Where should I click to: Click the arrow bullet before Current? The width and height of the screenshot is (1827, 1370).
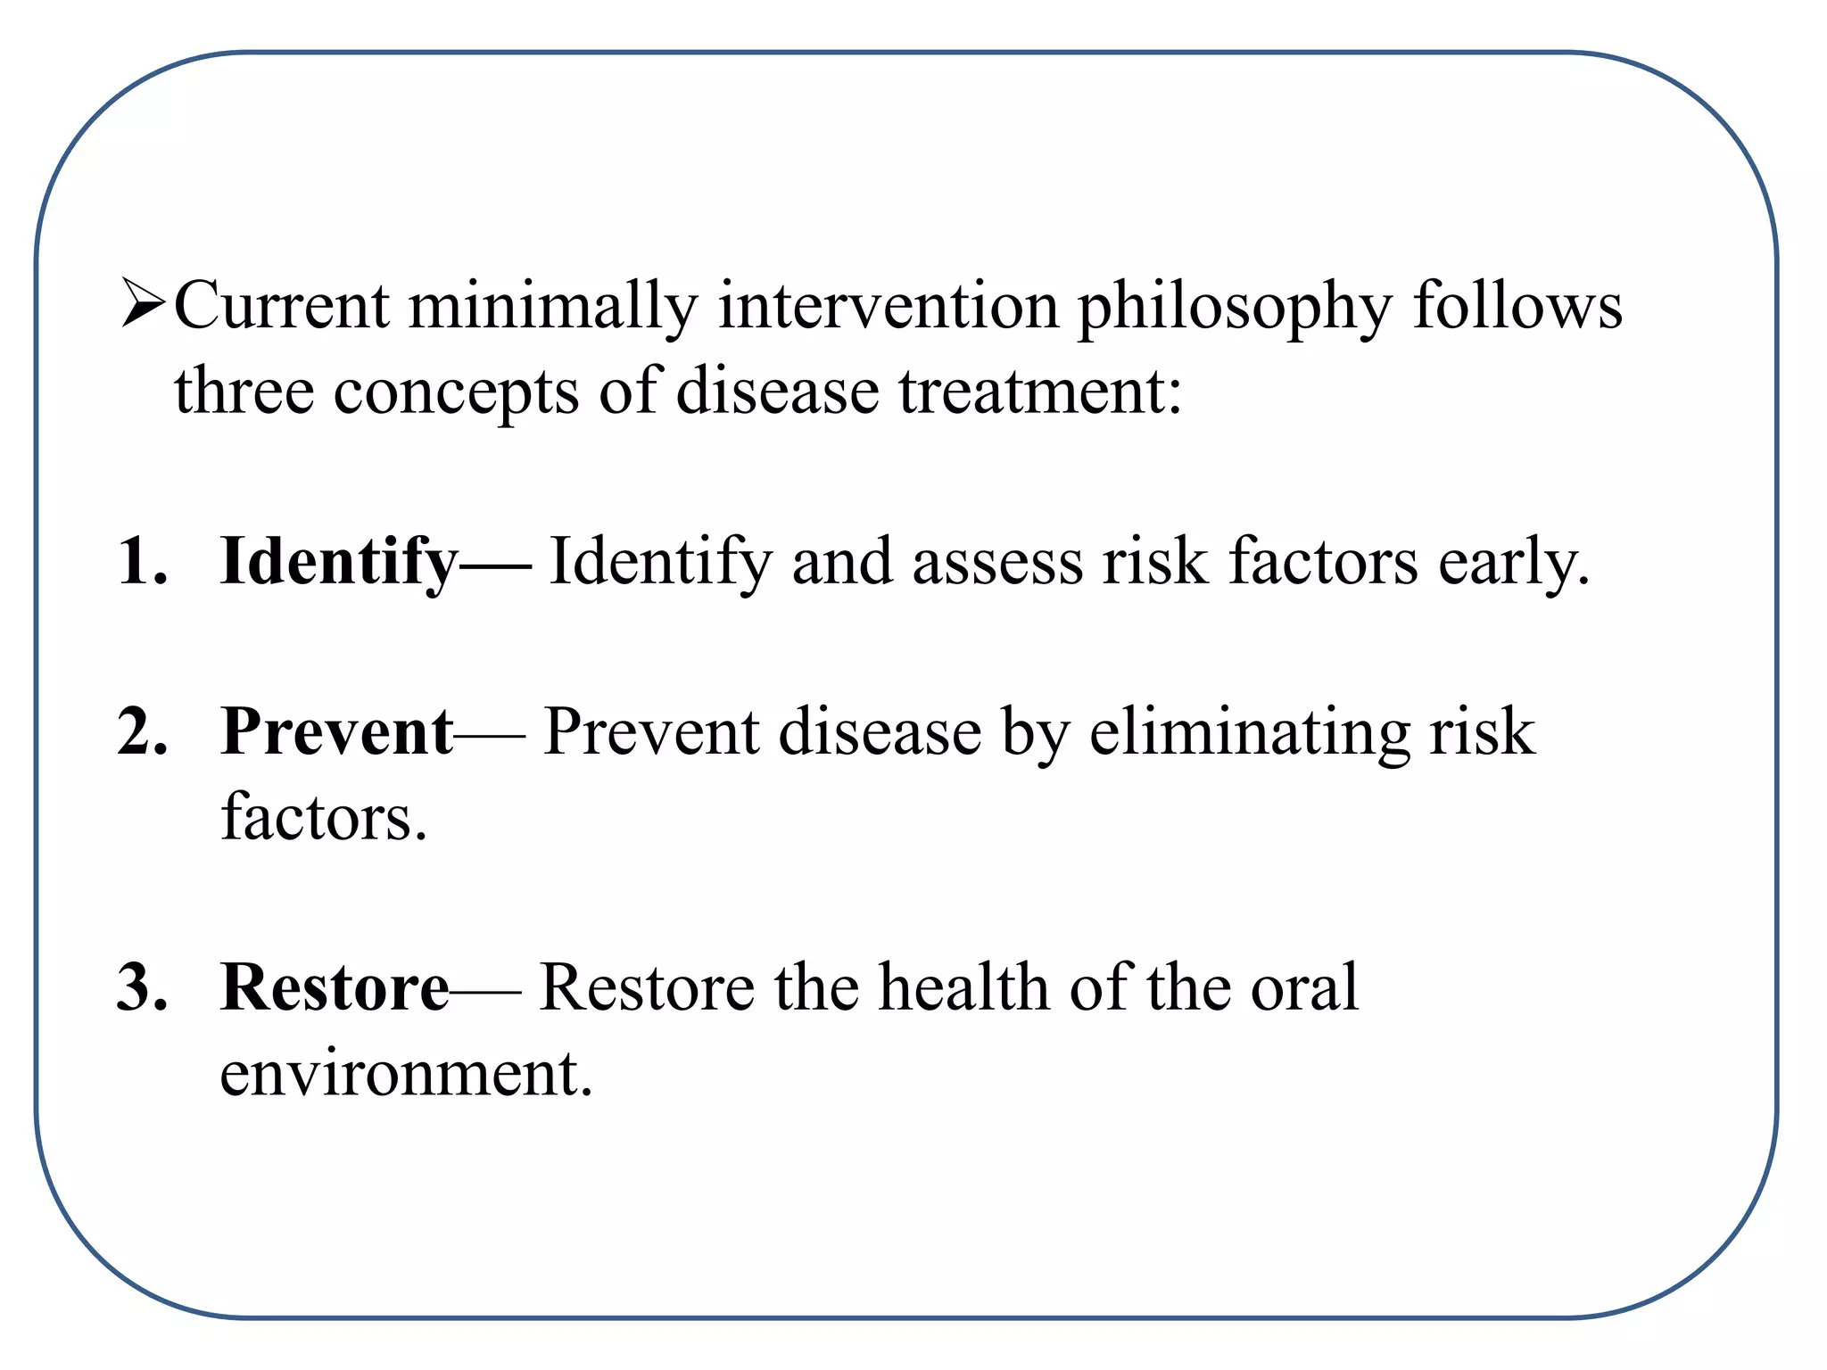pyautogui.click(x=143, y=303)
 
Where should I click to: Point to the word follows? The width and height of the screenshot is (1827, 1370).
pyautogui.click(x=1517, y=306)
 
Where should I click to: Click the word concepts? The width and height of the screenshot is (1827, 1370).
pyautogui.click(x=456, y=392)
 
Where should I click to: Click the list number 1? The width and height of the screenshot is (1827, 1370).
pyautogui.click(x=142, y=562)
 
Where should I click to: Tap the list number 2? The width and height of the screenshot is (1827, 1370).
pyautogui.click(x=142, y=731)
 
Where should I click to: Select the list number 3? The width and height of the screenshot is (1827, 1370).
pyautogui.click(x=142, y=987)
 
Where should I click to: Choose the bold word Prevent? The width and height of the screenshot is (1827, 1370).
pyautogui.click(x=337, y=731)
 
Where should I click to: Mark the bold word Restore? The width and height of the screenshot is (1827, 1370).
pyautogui.click(x=335, y=987)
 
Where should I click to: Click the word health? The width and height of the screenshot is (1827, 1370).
pyautogui.click(x=964, y=987)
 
